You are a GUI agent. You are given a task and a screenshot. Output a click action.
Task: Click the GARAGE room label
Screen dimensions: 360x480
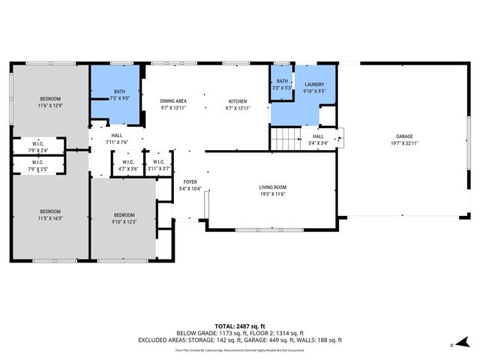[x=404, y=136]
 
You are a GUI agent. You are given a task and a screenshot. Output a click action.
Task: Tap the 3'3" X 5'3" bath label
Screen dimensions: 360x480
[x=282, y=88]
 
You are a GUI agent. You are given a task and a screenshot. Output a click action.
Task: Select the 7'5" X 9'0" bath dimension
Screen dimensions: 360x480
[x=119, y=98]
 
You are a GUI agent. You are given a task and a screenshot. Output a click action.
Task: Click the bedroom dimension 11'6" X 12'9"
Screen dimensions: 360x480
[x=50, y=106]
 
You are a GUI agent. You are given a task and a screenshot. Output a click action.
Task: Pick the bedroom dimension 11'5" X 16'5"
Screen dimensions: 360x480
[x=50, y=218]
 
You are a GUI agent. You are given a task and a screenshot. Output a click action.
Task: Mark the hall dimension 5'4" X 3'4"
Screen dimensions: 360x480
[x=318, y=142]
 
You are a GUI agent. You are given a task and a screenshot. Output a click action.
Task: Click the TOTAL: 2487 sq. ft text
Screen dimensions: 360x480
[x=240, y=325]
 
